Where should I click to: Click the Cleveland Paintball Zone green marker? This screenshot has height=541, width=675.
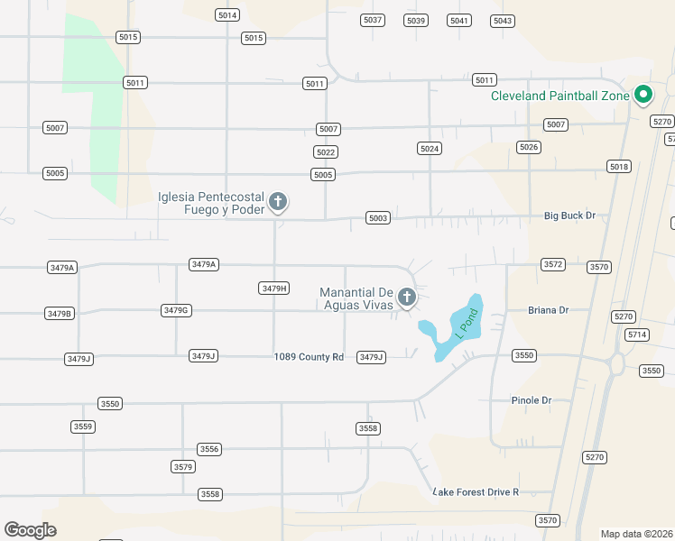point(643,94)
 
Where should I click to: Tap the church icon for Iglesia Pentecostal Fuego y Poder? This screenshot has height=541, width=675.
point(278,202)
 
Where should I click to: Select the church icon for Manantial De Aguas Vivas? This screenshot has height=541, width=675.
point(407,296)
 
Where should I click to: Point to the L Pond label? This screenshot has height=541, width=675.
point(466,322)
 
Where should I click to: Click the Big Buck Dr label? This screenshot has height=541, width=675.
point(570,216)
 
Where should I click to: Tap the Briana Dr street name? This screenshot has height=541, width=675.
point(549,310)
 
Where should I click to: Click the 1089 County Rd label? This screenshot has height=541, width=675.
point(309,357)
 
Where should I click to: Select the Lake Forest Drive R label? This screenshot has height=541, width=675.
point(476,492)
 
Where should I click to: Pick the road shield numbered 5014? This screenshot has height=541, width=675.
point(227,15)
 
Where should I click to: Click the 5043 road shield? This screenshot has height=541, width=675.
point(503,21)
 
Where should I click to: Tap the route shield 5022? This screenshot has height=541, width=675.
point(326,152)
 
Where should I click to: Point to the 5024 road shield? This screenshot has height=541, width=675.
point(430,148)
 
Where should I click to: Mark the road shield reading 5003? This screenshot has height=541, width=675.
point(378,218)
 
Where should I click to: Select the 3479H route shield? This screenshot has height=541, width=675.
point(273,289)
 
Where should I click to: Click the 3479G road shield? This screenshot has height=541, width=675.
point(175,310)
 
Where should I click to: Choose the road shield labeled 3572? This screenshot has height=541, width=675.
point(553,264)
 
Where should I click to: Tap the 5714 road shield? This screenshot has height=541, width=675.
point(637,335)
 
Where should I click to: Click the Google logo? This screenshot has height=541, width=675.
point(30,530)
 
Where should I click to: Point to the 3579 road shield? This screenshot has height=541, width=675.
point(182,466)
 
